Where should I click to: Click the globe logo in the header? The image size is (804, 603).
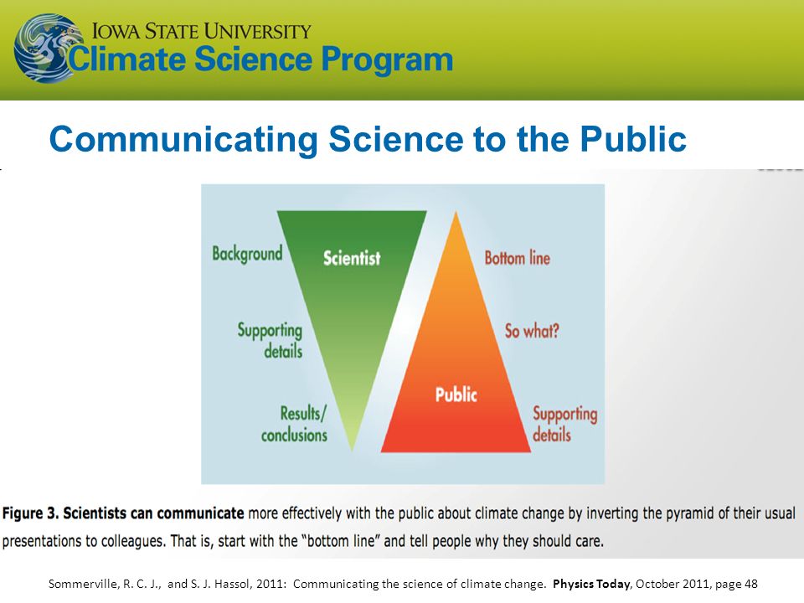click(x=47, y=49)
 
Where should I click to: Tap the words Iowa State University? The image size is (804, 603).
click(x=202, y=31)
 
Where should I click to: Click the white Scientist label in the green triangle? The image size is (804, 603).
click(x=352, y=257)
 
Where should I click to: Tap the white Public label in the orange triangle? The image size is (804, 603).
click(x=456, y=394)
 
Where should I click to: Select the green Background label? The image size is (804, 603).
click(x=247, y=253)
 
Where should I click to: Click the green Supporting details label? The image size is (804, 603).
click(x=270, y=340)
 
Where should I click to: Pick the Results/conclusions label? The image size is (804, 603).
click(x=294, y=424)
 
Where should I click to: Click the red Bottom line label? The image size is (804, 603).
click(x=518, y=257)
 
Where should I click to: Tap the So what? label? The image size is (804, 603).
click(x=532, y=331)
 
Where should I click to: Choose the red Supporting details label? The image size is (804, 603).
click(x=564, y=424)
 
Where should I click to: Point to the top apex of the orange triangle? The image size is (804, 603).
click(x=456, y=211)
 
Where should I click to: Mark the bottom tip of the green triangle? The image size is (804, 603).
click(x=352, y=451)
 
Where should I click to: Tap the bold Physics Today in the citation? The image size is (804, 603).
click(x=591, y=584)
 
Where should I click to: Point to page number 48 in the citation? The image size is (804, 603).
click(x=751, y=584)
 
